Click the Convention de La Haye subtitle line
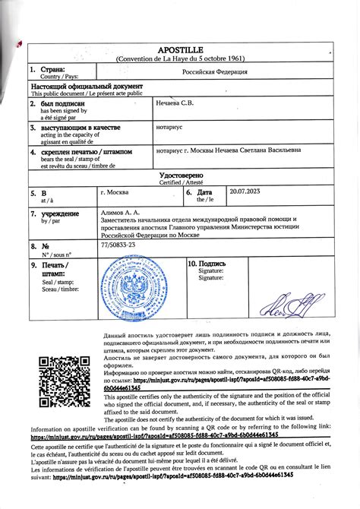click(x=181, y=58)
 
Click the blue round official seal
click(x=133, y=289)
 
